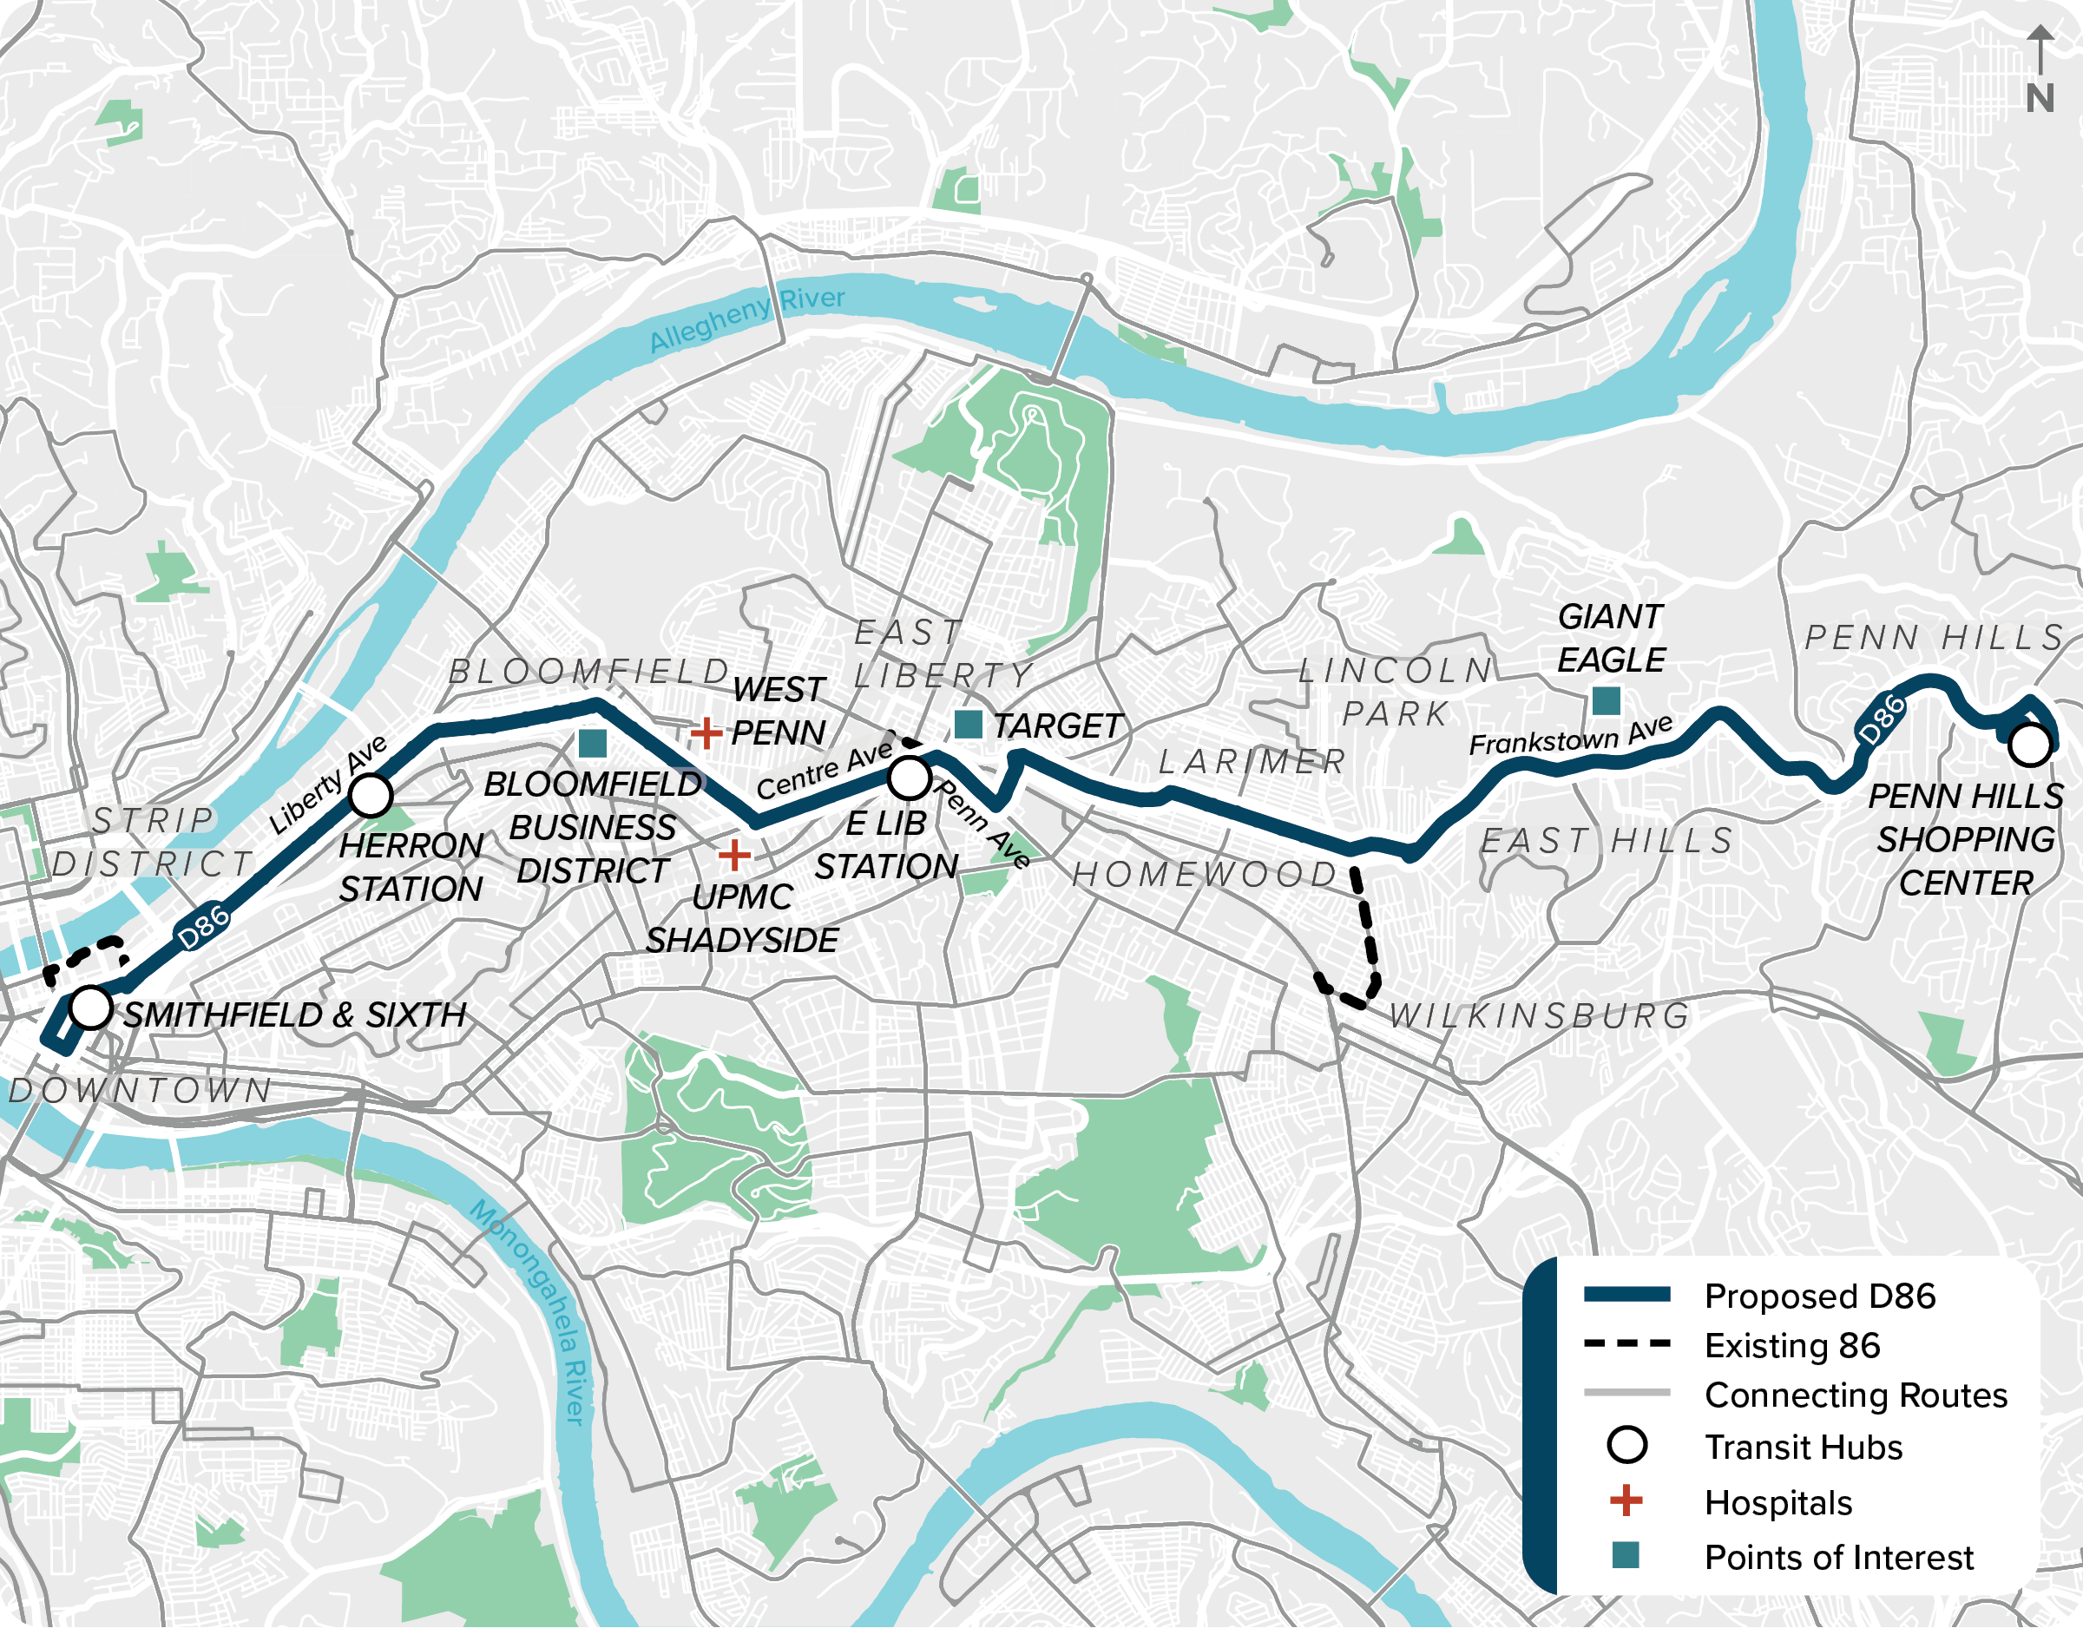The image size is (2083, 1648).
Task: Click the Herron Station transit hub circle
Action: (x=371, y=796)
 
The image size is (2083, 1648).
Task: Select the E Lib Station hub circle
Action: (x=908, y=778)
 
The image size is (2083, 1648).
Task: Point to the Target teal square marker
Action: (x=968, y=724)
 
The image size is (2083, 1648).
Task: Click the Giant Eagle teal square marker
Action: (x=1606, y=700)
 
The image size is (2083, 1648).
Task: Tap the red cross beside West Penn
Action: (x=706, y=733)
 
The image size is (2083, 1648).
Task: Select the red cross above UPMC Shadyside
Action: (x=734, y=855)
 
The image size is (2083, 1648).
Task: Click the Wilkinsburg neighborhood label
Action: (x=1539, y=1016)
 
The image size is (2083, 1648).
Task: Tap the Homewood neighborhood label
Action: (x=1204, y=874)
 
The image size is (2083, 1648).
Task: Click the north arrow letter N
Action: (x=2040, y=98)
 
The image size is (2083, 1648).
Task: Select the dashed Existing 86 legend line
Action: (x=1626, y=1343)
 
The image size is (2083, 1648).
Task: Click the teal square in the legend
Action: (x=1626, y=1554)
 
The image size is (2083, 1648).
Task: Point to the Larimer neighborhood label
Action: (x=1252, y=762)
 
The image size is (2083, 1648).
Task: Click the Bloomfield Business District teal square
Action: (x=593, y=743)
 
